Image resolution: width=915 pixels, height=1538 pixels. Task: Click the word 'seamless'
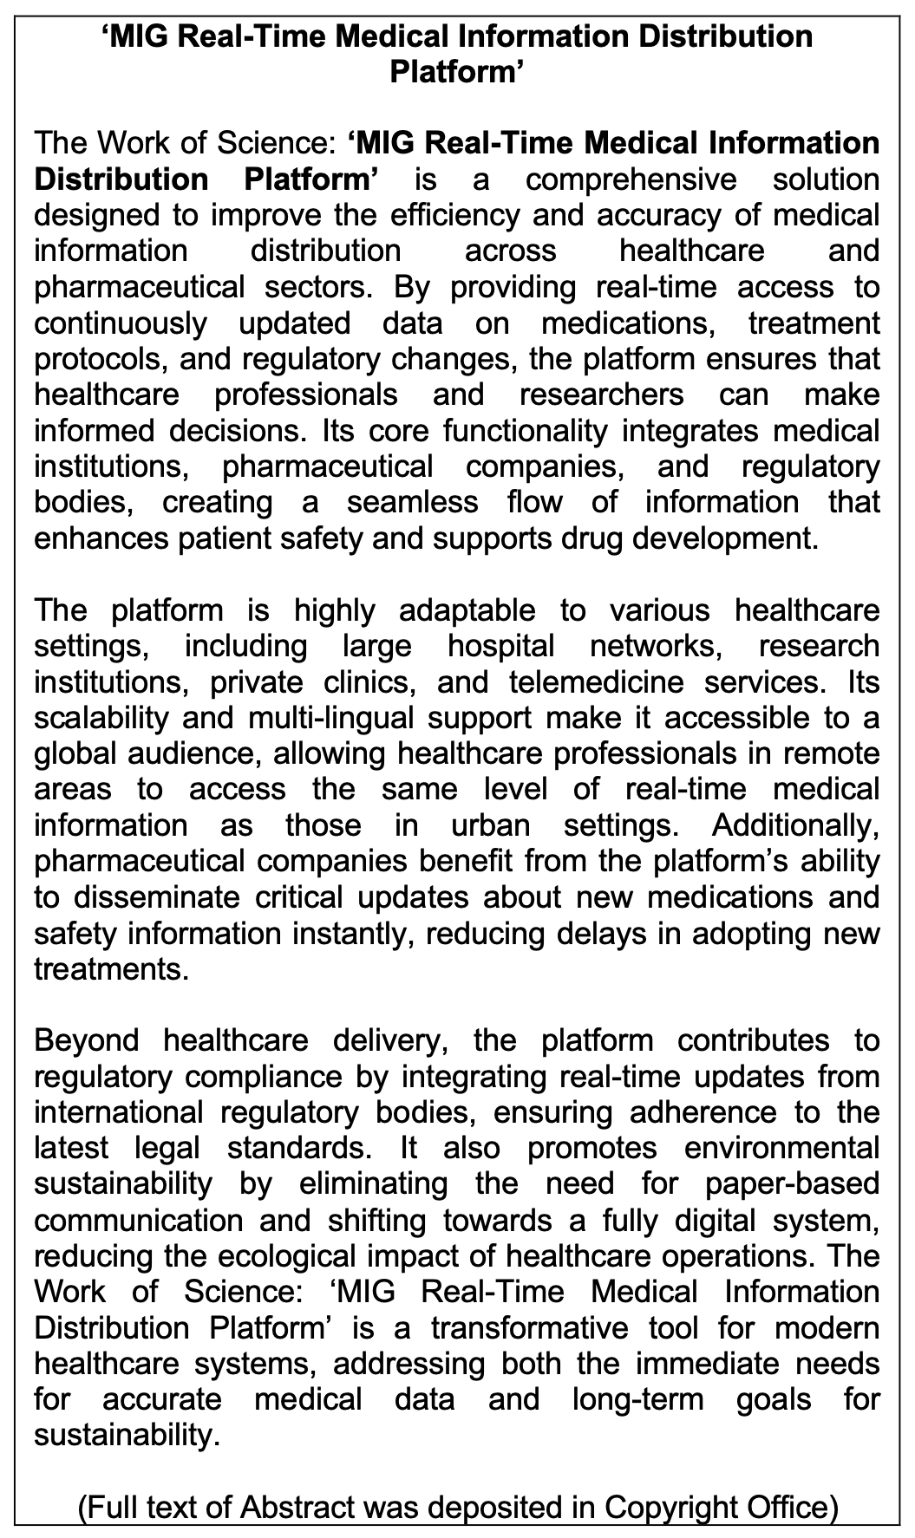[x=412, y=502]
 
